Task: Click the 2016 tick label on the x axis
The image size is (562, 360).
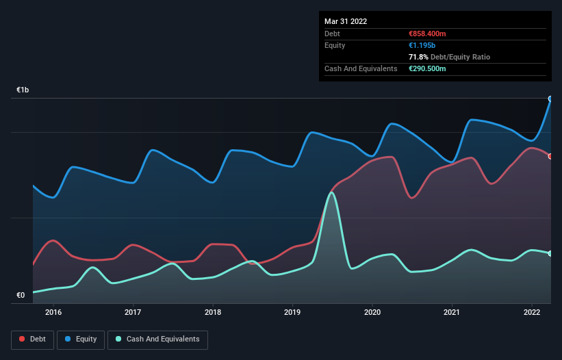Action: [53, 312]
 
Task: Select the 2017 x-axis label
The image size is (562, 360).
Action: [133, 312]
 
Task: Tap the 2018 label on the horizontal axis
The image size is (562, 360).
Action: [213, 312]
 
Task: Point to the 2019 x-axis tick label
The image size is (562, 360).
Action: [292, 312]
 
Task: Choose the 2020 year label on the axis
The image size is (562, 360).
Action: [372, 312]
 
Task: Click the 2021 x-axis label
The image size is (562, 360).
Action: [452, 312]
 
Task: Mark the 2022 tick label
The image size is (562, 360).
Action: [532, 312]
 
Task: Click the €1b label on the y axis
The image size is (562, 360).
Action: [23, 90]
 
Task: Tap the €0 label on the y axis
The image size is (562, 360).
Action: [21, 296]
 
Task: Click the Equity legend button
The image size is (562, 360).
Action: [81, 339]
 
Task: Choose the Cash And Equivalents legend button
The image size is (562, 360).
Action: [157, 339]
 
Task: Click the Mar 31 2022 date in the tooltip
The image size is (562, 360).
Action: [346, 21]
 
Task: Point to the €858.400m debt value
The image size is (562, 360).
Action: [427, 34]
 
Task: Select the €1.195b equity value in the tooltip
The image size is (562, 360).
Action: [423, 45]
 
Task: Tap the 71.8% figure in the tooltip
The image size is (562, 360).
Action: [418, 57]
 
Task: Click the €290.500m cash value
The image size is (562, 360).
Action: [427, 68]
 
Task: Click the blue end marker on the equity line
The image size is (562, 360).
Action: [550, 99]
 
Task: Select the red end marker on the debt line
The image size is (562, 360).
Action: [550, 156]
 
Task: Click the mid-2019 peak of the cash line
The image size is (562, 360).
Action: [331, 193]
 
